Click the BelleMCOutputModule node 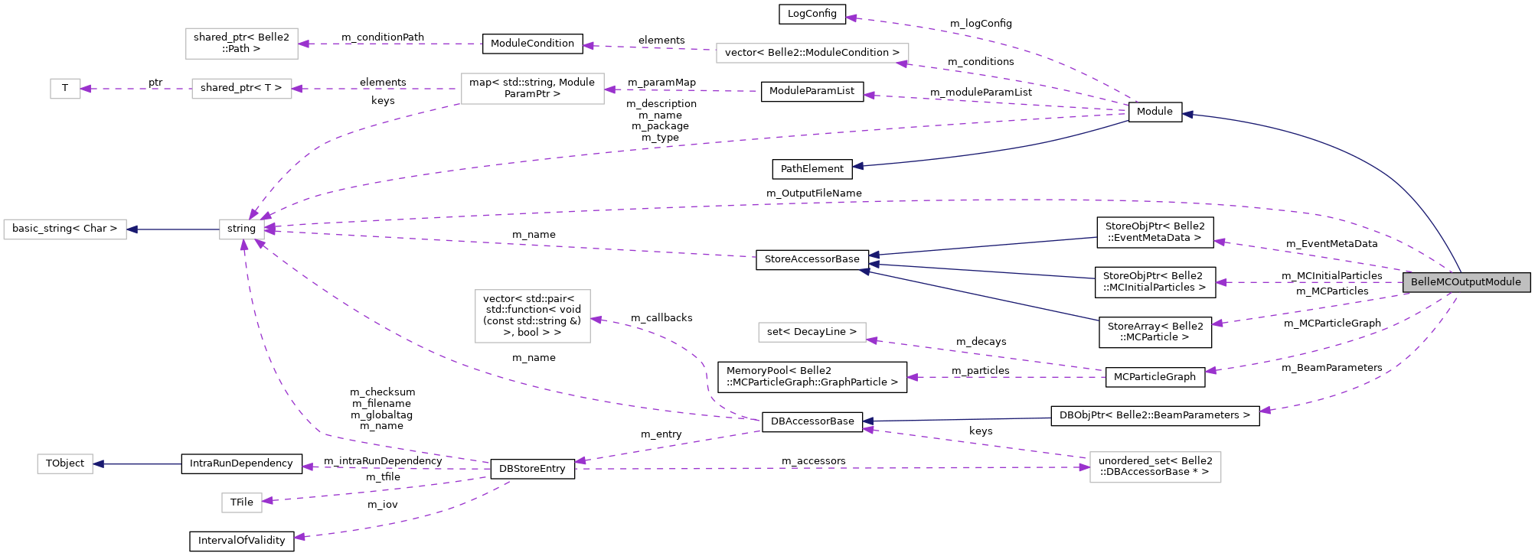click(1466, 282)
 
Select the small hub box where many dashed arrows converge click(242, 229)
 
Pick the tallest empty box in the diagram click(533, 316)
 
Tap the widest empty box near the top click(812, 54)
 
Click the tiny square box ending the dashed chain click(65, 89)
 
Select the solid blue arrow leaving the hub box click(173, 229)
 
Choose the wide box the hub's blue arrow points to click(65, 229)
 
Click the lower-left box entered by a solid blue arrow click(65, 463)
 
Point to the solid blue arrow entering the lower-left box click(137, 463)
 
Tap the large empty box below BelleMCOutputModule click(1155, 467)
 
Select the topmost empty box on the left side click(242, 44)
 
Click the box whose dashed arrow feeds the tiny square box click(242, 89)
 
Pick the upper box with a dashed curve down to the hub click(533, 89)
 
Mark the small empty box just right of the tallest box click(812, 332)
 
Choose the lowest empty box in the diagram click(242, 502)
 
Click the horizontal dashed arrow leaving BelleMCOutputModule click(1309, 282)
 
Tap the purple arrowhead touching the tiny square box click(86, 89)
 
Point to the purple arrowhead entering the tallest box click(596, 319)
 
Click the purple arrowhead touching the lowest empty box click(267, 501)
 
